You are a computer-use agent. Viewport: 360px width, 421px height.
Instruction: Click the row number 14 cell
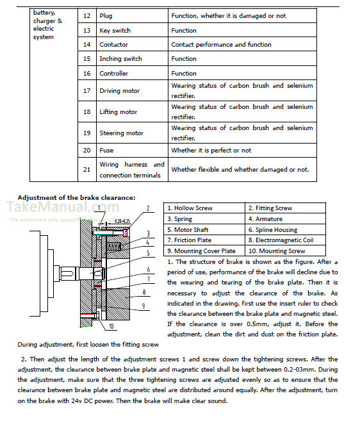(x=87, y=44)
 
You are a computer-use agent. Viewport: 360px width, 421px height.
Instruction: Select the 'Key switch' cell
(x=132, y=30)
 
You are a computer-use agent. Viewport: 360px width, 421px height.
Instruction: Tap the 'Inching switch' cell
(x=132, y=58)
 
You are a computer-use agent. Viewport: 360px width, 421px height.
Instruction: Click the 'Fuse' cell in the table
(x=132, y=151)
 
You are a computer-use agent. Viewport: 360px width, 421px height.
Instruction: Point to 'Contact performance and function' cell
(x=242, y=44)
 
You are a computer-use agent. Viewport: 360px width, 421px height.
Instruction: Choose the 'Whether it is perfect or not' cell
(x=242, y=151)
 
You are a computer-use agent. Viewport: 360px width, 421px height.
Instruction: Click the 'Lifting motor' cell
(x=132, y=111)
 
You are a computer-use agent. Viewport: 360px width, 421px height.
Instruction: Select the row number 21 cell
(x=87, y=169)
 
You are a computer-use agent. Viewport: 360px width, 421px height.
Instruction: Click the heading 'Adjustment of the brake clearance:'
(x=76, y=198)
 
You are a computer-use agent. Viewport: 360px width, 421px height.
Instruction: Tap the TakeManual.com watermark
(x=63, y=207)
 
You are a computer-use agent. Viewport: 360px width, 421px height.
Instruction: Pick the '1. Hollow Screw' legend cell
(x=204, y=208)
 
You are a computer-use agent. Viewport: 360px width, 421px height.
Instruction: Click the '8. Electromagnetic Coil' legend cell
(x=285, y=240)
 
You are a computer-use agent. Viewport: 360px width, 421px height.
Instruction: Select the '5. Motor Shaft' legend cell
(x=204, y=229)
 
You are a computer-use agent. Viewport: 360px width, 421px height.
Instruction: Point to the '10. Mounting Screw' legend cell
(x=285, y=251)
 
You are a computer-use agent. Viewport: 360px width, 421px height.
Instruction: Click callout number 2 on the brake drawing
(x=148, y=208)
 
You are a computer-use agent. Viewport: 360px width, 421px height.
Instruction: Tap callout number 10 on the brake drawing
(x=111, y=326)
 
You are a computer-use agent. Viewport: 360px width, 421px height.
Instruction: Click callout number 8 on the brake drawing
(x=144, y=292)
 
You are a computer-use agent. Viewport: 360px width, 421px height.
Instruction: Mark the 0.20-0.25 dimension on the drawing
(x=122, y=221)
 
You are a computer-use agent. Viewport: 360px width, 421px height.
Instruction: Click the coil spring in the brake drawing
(x=114, y=246)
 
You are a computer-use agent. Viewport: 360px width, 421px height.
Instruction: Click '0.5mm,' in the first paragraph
(x=257, y=324)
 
